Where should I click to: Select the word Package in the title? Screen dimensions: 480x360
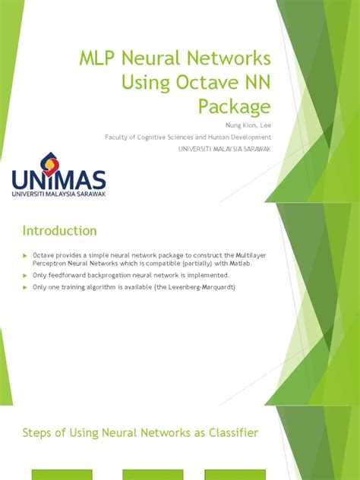(235, 106)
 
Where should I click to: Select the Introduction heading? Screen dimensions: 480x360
(59, 230)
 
